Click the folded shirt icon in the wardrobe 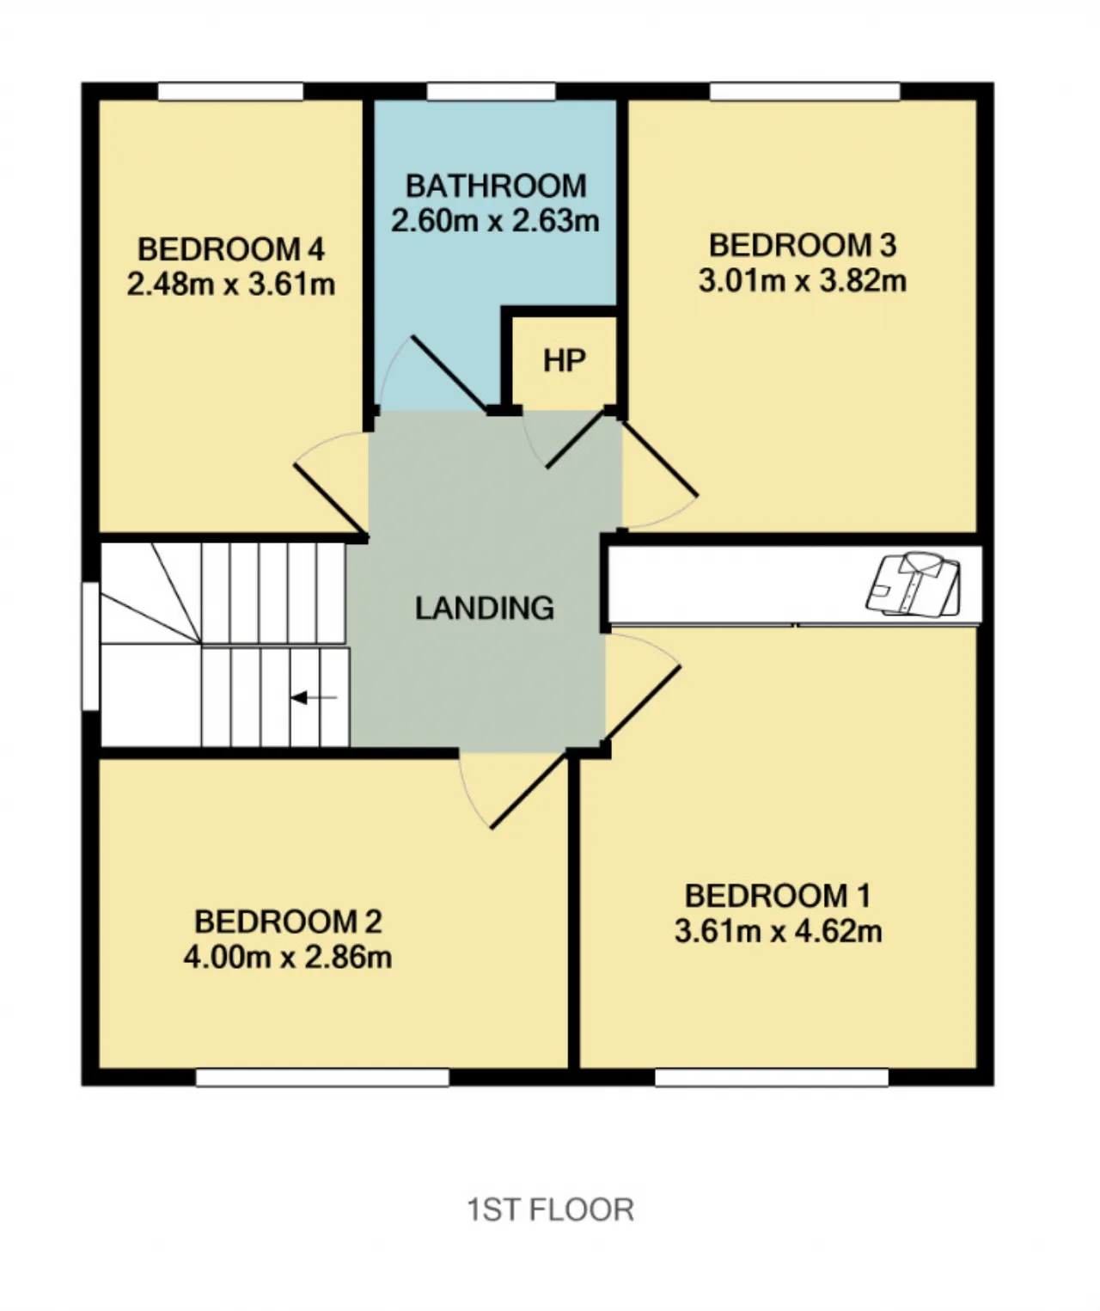pyautogui.click(x=913, y=584)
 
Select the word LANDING pyautogui.click(x=484, y=608)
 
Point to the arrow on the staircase pyautogui.click(x=314, y=697)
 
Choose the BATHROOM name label pyautogui.click(x=496, y=186)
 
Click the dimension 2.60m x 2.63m pyautogui.click(x=495, y=220)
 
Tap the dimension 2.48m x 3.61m pyautogui.click(x=231, y=285)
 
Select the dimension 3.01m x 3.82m pyautogui.click(x=803, y=280)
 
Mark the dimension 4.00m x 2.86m pyautogui.click(x=288, y=958)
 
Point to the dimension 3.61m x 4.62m pyautogui.click(x=779, y=931)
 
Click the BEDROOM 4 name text pyautogui.click(x=231, y=249)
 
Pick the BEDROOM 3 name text pyautogui.click(x=803, y=245)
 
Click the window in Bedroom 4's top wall pyautogui.click(x=230, y=92)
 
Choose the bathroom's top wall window pyautogui.click(x=491, y=92)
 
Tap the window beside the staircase pyautogui.click(x=91, y=646)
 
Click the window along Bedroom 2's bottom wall pyautogui.click(x=323, y=1077)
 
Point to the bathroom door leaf pyautogui.click(x=449, y=374)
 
